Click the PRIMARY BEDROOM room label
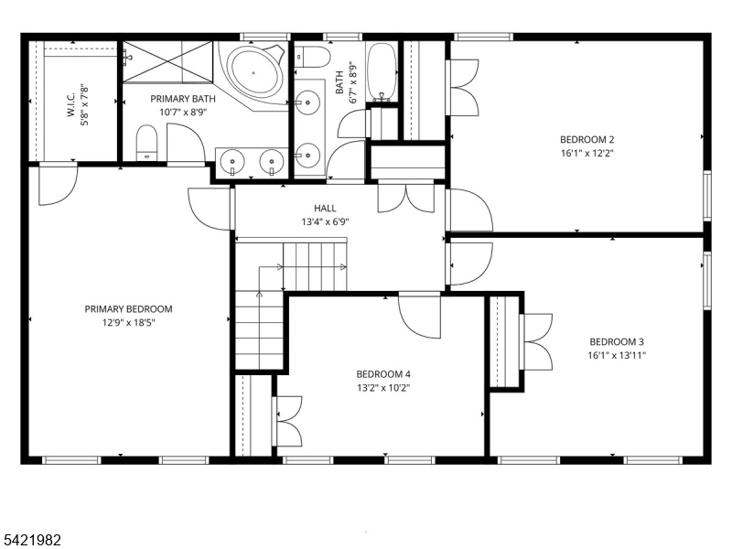[x=128, y=309]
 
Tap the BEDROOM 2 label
[x=587, y=140]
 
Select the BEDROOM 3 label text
[x=618, y=341]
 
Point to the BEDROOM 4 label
[x=383, y=373]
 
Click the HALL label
[x=325, y=209]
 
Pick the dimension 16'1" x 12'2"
[x=587, y=154]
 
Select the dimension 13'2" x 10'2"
[x=383, y=387]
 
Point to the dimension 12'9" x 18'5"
[x=128, y=323]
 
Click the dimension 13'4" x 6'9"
[x=325, y=221]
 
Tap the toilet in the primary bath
[x=147, y=145]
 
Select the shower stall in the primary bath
[x=167, y=61]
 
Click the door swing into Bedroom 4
[x=419, y=316]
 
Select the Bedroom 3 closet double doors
[x=534, y=343]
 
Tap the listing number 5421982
[x=31, y=540]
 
